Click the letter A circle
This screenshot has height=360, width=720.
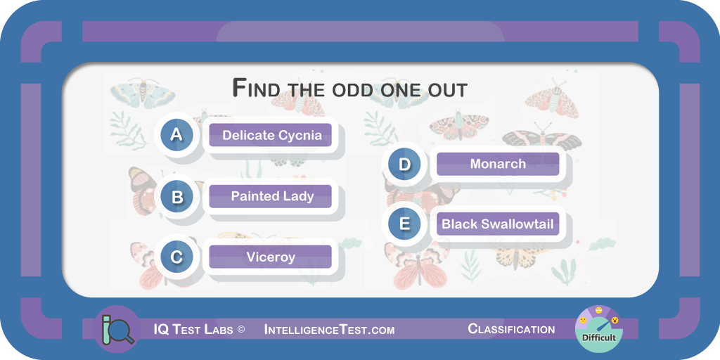[176, 135]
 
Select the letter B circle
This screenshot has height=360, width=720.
[176, 197]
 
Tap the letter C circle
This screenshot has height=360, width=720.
[176, 257]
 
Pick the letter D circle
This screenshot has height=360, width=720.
[404, 164]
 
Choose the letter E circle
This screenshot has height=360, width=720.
[404, 224]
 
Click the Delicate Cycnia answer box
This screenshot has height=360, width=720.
[271, 135]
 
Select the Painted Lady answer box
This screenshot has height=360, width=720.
[271, 196]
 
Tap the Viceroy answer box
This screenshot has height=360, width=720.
[271, 257]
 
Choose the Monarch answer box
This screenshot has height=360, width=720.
[498, 164]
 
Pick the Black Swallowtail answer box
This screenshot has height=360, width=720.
[498, 224]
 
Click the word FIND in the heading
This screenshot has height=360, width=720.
[254, 88]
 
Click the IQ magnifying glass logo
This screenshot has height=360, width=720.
[116, 329]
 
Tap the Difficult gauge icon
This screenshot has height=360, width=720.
[598, 329]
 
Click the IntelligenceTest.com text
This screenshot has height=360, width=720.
[329, 330]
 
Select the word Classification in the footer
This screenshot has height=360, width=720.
[511, 329]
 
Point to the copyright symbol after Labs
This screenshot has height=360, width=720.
[242, 330]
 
